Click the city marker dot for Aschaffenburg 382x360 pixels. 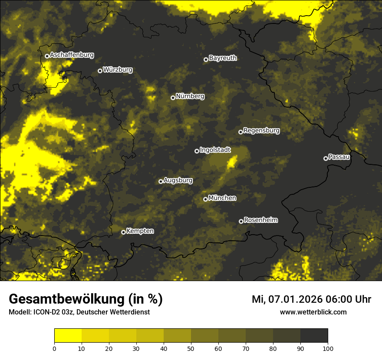pos(47,56)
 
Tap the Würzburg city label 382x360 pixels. pos(118,70)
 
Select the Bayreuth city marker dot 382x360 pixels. pos(206,59)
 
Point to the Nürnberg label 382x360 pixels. pos(190,96)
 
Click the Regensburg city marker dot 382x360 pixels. pos(240,132)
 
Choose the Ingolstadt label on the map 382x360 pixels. pos(215,150)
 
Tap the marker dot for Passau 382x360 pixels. pos(326,158)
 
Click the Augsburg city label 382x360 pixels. pos(178,180)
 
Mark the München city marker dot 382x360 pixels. pos(205,199)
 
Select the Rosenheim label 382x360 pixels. pos(260,220)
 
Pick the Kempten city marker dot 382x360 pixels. pos(123,232)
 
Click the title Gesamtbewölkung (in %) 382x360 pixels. pos(86,299)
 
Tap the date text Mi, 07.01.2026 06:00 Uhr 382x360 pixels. pos(311,299)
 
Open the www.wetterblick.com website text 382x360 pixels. pos(313,312)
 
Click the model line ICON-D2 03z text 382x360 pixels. pos(79,312)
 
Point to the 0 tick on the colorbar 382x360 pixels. pos(54,348)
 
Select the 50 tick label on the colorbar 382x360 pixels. pos(191,348)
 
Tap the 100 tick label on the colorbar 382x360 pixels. pos(328,348)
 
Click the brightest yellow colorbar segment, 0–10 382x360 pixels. pos(68,336)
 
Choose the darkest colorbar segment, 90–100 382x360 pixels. pos(314,336)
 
